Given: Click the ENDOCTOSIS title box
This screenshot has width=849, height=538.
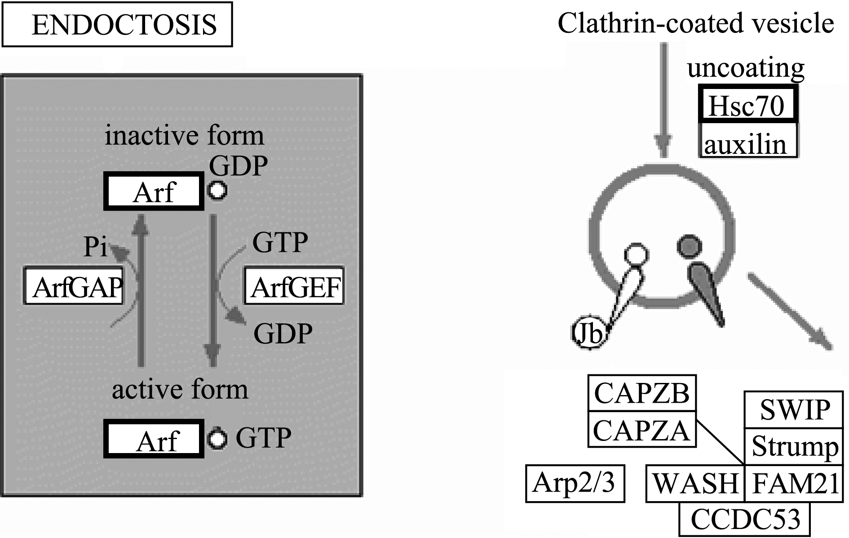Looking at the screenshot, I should coord(117,24).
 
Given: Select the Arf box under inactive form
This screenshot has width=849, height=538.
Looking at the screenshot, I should coord(154,191).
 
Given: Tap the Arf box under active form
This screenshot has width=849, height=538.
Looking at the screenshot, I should coord(154,439).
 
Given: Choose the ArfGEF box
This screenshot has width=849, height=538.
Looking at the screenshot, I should coord(294,286).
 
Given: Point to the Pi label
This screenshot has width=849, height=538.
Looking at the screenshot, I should coord(95,246).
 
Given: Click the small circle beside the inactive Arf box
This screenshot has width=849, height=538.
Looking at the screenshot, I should coord(217,191).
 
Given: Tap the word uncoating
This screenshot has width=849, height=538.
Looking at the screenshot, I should coord(746,68).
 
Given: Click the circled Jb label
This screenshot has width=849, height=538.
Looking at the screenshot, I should coord(589,334).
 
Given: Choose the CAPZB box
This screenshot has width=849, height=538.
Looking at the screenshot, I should coord(642,393).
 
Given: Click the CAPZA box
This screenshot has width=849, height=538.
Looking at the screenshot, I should coord(642,429).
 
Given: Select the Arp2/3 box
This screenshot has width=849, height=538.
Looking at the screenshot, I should coord(575,484).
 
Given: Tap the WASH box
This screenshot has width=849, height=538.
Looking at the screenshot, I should coord(695,484).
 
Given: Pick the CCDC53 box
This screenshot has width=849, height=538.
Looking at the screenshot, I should coord(745,519).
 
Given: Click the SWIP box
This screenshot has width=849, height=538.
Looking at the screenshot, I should coord(794,409).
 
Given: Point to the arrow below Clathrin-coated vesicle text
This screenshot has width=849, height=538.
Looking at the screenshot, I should coord(663,99).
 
